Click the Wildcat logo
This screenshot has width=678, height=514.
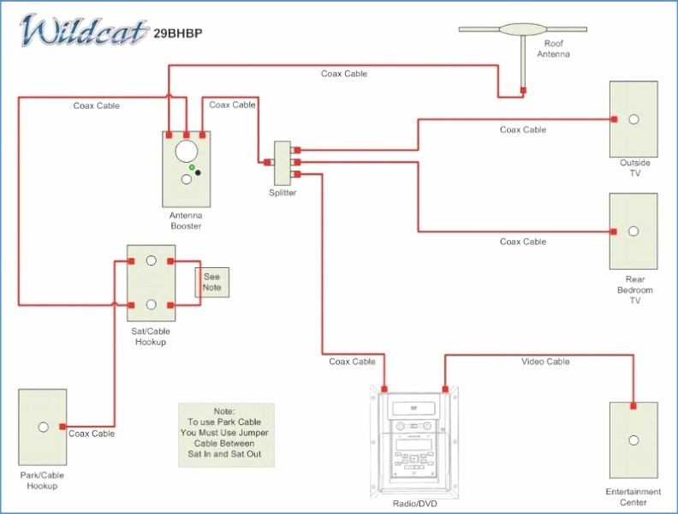point(83,30)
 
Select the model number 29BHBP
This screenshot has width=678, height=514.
point(178,33)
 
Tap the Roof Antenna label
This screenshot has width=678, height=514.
point(553,49)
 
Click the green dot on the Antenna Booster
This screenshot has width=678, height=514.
point(192,167)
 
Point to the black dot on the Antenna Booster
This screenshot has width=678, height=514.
point(198,173)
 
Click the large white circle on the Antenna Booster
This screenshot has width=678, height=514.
point(187,152)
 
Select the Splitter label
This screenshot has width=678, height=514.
point(282,193)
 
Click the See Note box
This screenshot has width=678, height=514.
point(212,282)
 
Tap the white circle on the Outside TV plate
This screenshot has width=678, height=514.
point(633,119)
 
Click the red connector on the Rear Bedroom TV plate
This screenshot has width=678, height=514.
point(614,232)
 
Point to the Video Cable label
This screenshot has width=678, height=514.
point(545,362)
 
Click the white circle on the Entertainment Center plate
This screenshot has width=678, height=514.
point(633,440)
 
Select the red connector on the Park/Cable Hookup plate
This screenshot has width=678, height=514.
point(62,427)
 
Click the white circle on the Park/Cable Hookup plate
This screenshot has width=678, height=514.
point(44,427)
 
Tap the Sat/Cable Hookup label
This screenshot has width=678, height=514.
point(151,337)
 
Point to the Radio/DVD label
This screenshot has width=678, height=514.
point(414,504)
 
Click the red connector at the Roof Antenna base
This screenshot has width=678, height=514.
point(523,91)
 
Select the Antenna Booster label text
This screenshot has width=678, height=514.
point(186,221)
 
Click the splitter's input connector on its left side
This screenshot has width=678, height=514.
point(267,162)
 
